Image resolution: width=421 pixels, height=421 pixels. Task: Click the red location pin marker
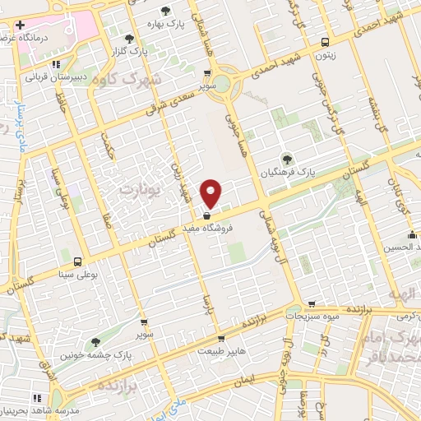point(212,192)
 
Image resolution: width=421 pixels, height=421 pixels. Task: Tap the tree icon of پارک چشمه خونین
point(95,342)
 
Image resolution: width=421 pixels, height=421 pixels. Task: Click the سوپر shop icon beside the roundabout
point(203,72)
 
